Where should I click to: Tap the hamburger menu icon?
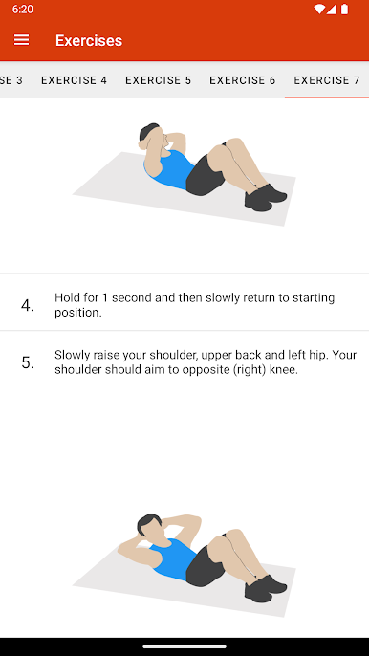(x=21, y=40)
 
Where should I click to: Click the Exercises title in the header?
(x=89, y=40)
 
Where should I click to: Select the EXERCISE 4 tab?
(x=74, y=80)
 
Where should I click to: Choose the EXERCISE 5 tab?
(x=158, y=80)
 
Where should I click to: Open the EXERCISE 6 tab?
(x=243, y=80)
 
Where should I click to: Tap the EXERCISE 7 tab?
(x=327, y=80)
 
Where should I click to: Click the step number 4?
(x=28, y=306)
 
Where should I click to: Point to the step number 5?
(x=28, y=362)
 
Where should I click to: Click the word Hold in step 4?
(x=65, y=298)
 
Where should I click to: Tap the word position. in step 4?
(x=78, y=313)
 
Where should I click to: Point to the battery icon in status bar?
(x=344, y=10)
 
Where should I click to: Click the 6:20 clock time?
(x=23, y=10)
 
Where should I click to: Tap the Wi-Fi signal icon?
(x=318, y=10)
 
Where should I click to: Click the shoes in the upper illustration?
(x=266, y=197)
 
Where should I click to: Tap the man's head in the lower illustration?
(x=148, y=526)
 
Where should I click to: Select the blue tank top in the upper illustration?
(x=169, y=169)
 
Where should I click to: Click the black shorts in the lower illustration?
(x=205, y=566)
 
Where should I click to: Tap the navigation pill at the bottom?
(x=184, y=646)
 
